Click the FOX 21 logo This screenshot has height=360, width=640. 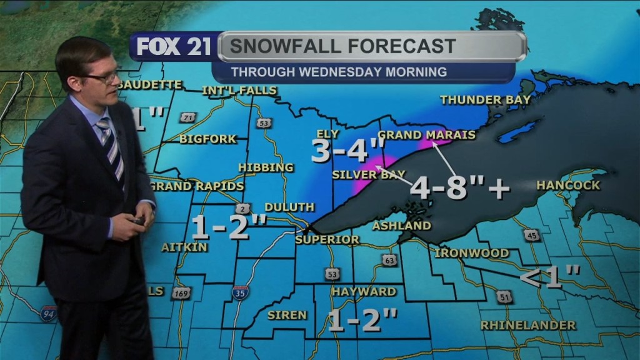[x=173, y=47]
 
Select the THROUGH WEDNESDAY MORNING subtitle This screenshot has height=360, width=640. [x=339, y=72]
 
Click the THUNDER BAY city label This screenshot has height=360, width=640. [x=485, y=99]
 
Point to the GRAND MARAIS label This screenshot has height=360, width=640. [x=427, y=134]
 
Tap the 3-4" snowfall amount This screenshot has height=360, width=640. [x=347, y=151]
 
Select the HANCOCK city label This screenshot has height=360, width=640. [x=568, y=185]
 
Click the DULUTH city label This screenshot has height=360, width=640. [x=289, y=207]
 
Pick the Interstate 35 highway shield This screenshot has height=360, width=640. [x=240, y=292]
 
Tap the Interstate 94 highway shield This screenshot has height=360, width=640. [x=48, y=313]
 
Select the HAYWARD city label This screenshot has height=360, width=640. [x=364, y=291]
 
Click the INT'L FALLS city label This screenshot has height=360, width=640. [x=239, y=91]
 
